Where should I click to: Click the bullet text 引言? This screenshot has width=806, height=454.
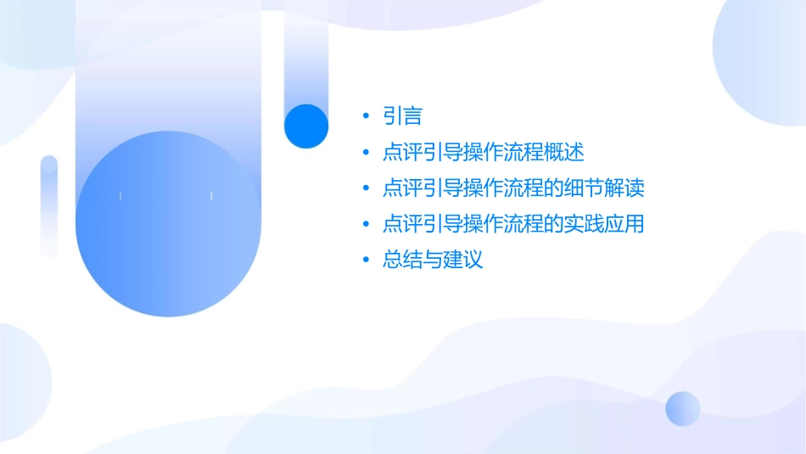click(x=402, y=117)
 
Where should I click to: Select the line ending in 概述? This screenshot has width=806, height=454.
click(x=483, y=154)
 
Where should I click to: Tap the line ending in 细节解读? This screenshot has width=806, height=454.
click(x=513, y=188)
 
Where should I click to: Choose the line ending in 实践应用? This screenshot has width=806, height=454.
click(x=513, y=224)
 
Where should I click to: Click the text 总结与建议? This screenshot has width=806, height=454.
click(x=432, y=260)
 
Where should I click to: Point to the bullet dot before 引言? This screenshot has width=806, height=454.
click(x=365, y=117)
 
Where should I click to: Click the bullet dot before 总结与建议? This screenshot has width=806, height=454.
click(x=365, y=260)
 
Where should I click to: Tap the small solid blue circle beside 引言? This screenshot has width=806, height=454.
click(x=305, y=126)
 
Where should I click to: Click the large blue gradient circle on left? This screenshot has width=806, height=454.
click(x=167, y=224)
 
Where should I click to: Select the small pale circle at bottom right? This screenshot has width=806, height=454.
click(x=683, y=408)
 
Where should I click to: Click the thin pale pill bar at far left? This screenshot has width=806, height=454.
click(x=49, y=205)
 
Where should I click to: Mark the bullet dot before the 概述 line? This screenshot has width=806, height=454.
click(x=365, y=154)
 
